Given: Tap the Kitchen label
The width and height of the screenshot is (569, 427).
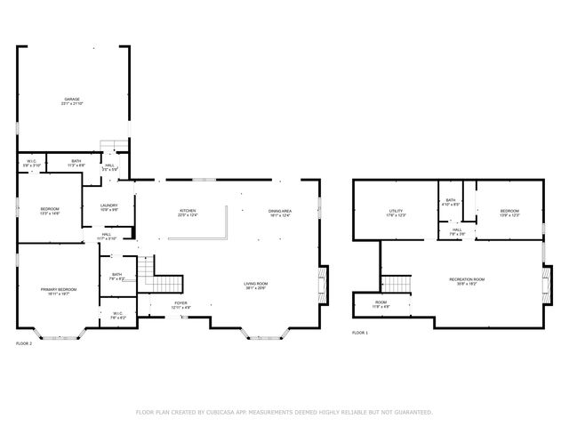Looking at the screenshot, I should (188, 212).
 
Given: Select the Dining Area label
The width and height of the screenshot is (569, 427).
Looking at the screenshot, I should (281, 212).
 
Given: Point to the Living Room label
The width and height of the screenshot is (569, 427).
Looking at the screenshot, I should (256, 286).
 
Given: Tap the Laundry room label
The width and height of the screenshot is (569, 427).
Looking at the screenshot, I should (97, 207).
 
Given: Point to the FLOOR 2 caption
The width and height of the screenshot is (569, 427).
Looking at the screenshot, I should (24, 342).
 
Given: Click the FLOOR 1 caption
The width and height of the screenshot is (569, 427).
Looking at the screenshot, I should (359, 332).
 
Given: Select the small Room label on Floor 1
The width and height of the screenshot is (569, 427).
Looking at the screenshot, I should (381, 304).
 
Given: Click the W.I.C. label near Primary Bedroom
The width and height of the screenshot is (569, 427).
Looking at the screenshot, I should (117, 315).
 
